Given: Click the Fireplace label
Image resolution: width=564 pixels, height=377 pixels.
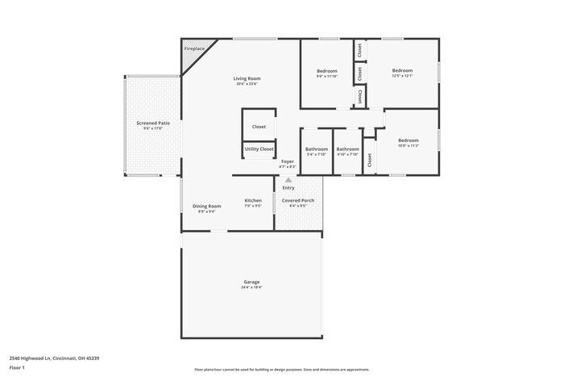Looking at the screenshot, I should tap(194, 48).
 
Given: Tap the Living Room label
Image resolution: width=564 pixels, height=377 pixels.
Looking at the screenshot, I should tap(247, 78).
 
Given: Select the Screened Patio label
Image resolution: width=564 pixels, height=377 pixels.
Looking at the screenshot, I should tap(153, 123).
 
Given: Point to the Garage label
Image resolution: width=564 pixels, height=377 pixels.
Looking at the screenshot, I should tap(251, 282).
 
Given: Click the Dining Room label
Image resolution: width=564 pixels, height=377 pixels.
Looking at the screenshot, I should tap(207, 206).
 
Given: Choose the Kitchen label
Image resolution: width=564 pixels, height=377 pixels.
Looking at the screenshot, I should tap(253, 200).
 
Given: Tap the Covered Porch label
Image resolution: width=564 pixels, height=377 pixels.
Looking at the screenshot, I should tap(297, 200).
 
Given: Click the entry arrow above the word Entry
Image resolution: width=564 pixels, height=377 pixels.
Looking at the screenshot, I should tap(288, 181).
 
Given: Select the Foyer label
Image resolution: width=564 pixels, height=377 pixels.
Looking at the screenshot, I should tap(288, 161).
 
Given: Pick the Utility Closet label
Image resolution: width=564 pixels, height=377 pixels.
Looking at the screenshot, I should tap(259, 149).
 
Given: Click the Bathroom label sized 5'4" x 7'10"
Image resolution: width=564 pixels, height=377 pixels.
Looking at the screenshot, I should tap(317, 149).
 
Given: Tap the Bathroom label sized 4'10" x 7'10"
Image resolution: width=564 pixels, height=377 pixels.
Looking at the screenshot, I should tap(347, 149).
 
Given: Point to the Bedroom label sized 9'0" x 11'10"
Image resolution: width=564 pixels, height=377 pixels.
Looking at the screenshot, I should tap(327, 71).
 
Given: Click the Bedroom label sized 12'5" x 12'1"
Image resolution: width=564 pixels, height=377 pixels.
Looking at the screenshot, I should tap(402, 71).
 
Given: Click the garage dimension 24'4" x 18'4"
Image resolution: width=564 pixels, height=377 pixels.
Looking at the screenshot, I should tap(251, 287).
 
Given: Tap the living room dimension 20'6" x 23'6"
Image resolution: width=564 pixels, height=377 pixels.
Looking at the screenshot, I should tap(247, 84).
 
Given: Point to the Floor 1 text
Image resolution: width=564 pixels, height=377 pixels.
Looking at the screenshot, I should tap(17, 368).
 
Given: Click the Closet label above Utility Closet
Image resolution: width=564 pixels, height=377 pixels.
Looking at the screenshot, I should tap(259, 127).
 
